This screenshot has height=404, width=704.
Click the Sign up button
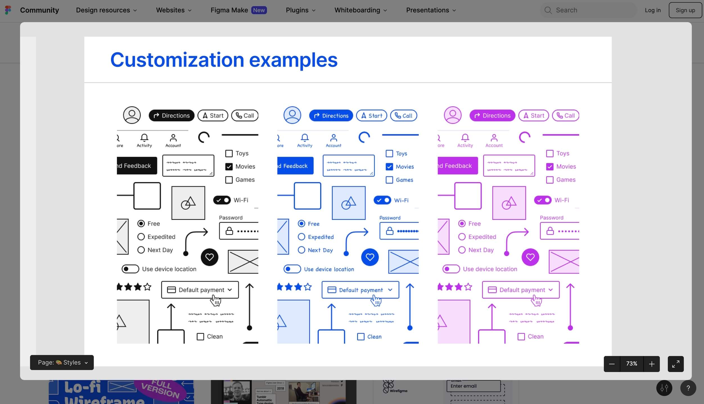685,10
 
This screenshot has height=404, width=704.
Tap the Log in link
653,10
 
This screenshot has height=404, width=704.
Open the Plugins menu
300,10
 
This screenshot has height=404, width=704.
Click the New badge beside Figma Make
259,10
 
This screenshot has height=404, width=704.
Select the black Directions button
172,116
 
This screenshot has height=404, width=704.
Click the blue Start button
371,116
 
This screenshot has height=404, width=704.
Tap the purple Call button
565,116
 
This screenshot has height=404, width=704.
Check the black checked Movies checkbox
229,167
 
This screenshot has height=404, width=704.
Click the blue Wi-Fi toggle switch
382,200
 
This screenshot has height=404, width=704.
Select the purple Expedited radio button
462,237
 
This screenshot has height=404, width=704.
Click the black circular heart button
209,257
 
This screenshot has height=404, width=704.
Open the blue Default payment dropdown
360,290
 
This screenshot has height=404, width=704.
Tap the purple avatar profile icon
452,115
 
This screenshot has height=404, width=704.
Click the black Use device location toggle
130,269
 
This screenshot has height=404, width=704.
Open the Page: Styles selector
62,362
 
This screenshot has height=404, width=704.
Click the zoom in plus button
651,364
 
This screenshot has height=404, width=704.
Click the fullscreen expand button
676,364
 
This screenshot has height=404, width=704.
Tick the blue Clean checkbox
361,337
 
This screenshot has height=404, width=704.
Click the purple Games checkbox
550,180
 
